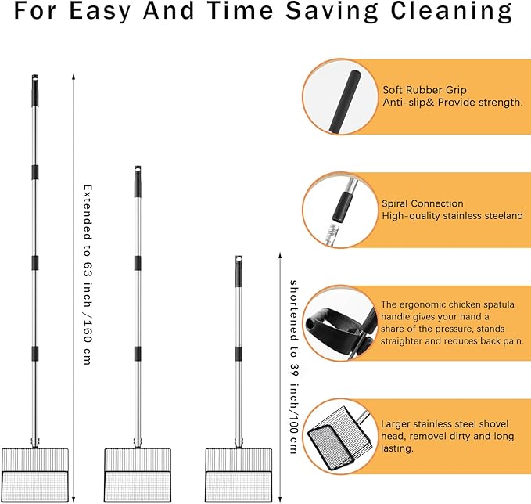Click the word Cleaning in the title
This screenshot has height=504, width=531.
pyautogui.click(x=451, y=11)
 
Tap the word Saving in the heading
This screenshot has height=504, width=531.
pyautogui.click(x=332, y=11)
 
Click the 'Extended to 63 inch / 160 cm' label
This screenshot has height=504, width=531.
pyautogui.click(x=88, y=275)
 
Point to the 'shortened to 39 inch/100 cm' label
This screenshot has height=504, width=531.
pyautogui.click(x=294, y=367)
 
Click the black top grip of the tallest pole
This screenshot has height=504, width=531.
pyautogui.click(x=35, y=91)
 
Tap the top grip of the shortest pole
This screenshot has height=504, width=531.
pyautogui.click(x=239, y=272)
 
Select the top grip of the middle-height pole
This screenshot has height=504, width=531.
pyautogui.click(x=138, y=182)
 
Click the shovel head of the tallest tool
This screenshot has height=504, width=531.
pyautogui.click(x=35, y=475)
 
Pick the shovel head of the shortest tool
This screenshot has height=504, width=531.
pyautogui.click(x=239, y=475)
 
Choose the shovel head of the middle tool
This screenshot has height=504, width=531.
pyautogui.click(x=138, y=475)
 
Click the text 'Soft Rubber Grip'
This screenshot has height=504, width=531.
pyautogui.click(x=425, y=90)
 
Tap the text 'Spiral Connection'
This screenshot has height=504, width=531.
pyautogui.click(x=422, y=203)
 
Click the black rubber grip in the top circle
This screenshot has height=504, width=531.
pyautogui.click(x=344, y=102)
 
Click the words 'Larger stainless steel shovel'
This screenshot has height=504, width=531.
pyautogui.click(x=445, y=424)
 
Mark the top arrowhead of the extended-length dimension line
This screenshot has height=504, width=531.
pyautogui.click(x=74, y=76)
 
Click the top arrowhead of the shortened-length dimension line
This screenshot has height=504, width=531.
pyautogui.click(x=280, y=255)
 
